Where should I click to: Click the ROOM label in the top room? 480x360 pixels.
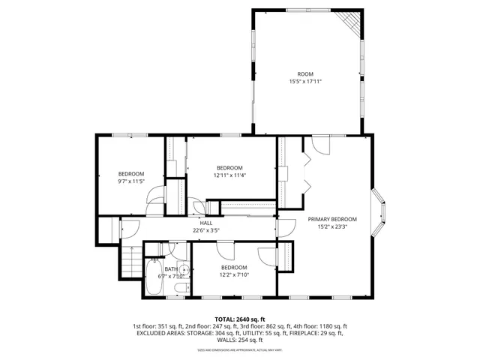point(304,73)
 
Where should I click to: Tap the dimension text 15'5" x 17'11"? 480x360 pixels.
point(304,81)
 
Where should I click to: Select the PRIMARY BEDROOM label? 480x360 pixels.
point(332,219)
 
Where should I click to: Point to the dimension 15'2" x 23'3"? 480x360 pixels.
point(332,226)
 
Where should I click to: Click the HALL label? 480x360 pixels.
point(206,223)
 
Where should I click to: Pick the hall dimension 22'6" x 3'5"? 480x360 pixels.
point(206,230)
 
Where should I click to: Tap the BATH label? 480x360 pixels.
point(172,268)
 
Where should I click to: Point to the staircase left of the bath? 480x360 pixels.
point(131,262)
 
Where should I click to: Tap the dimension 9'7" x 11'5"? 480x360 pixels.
point(130,181)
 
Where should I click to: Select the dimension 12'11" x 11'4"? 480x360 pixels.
point(229,175)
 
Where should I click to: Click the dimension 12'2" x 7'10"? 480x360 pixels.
point(233,274)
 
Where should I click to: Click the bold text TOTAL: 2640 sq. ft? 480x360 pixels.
point(240,319)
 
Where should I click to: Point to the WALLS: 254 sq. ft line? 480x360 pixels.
point(240,340)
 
